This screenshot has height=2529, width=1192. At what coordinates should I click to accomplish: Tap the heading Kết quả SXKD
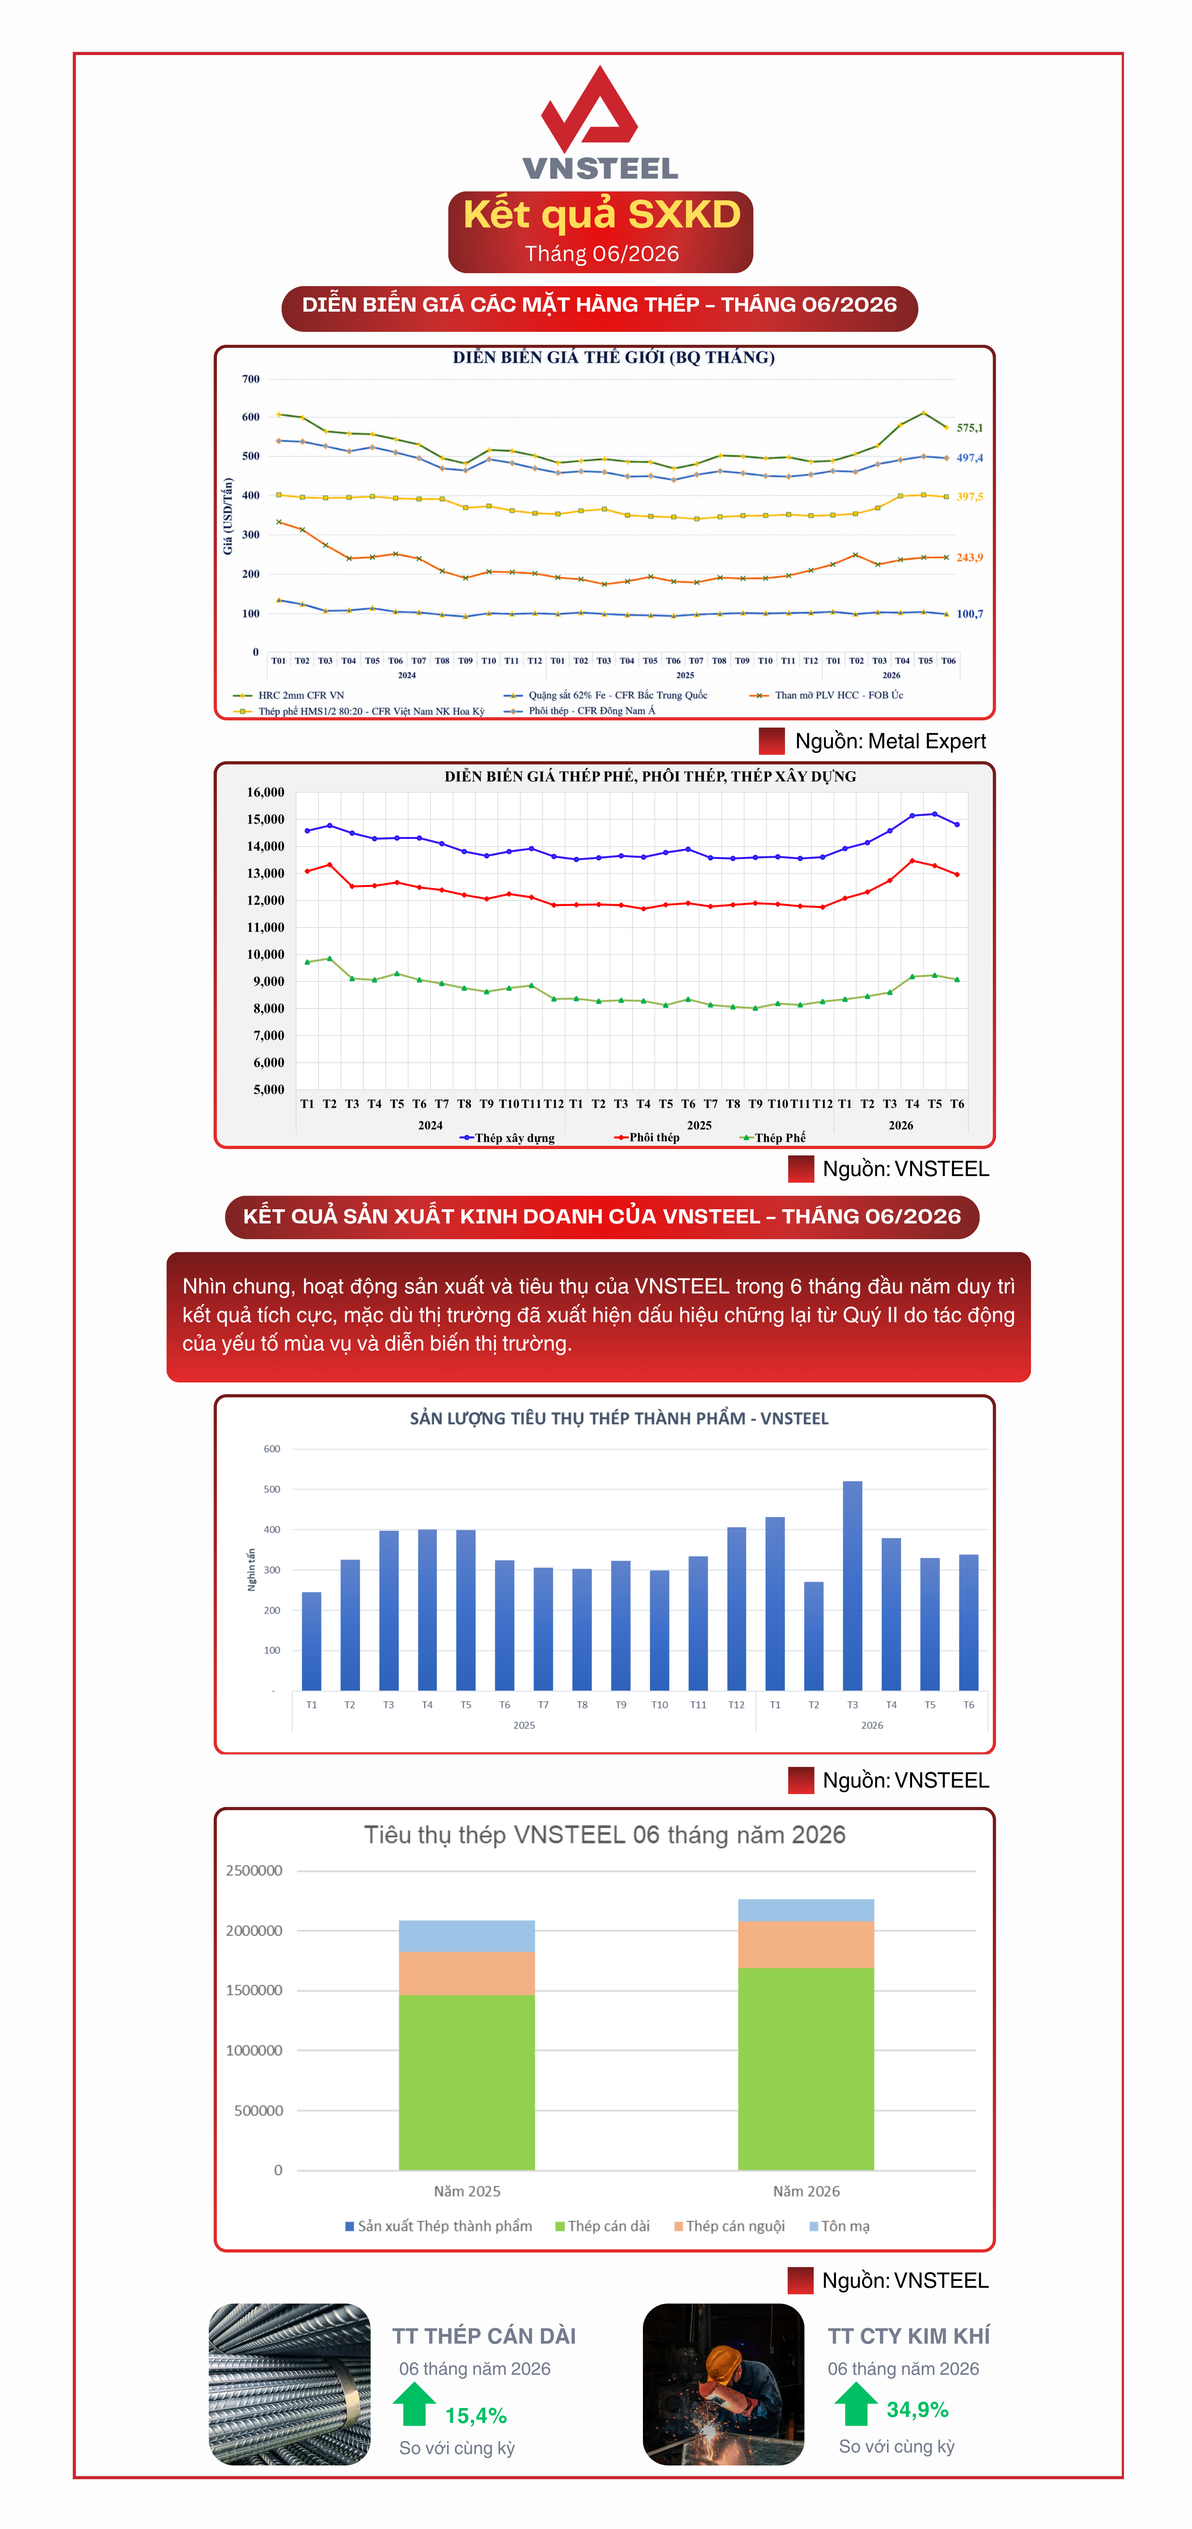[x=601, y=214]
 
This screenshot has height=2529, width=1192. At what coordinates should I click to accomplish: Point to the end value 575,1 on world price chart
[x=969, y=428]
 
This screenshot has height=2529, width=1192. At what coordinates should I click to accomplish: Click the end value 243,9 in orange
[x=969, y=558]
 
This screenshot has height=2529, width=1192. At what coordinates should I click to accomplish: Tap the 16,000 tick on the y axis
[x=265, y=792]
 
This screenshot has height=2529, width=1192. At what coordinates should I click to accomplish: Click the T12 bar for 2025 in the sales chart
[x=736, y=1608]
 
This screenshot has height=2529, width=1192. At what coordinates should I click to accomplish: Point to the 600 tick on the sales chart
[x=272, y=1449]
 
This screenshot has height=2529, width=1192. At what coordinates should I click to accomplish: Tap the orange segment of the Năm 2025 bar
[x=467, y=1973]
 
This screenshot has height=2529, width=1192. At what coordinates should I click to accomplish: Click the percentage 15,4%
[x=476, y=2415]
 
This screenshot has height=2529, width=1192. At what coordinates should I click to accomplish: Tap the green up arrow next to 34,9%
[x=855, y=2403]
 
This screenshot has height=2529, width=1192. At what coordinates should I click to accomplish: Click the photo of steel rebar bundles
[x=290, y=2384]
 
